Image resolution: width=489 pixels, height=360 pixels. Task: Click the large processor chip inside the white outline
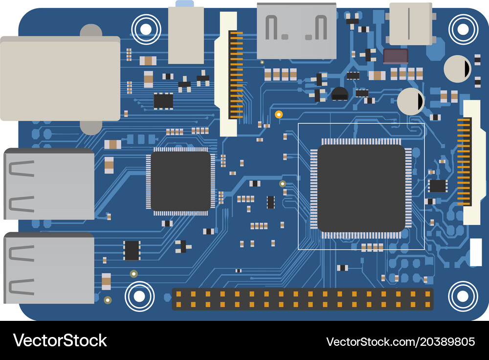coord(361,188)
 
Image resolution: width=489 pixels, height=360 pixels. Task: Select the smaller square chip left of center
coord(180,181)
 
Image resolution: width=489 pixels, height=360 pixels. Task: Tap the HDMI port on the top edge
coord(297,31)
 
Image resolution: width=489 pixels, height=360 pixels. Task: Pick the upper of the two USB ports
coord(49,184)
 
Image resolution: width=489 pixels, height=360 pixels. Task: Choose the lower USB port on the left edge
coord(49,268)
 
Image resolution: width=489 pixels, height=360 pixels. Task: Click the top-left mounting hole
coord(146,29)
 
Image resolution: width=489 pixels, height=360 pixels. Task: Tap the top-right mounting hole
coord(463,29)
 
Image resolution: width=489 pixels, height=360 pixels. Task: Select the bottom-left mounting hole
coord(139,296)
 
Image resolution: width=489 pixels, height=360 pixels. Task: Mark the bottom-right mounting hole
coord(463,296)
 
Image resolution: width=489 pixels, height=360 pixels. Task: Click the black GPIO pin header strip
coord(303,299)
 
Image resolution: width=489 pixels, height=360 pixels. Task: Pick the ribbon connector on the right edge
coord(471,162)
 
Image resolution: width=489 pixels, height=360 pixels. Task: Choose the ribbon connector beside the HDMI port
coord(228,74)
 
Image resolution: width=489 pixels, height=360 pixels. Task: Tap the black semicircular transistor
coord(339,94)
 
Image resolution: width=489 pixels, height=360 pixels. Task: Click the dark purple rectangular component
coord(396,56)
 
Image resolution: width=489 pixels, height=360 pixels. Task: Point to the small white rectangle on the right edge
coord(476,252)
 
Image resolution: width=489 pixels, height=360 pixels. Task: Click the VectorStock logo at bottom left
coord(60,340)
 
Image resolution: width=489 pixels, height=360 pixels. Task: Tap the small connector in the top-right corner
coord(411,24)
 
